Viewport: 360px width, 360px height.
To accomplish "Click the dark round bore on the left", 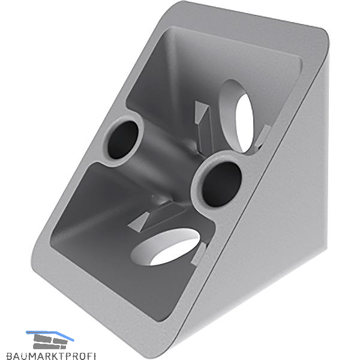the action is coord(123,140).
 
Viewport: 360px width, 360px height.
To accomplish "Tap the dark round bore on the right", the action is coord(221,184).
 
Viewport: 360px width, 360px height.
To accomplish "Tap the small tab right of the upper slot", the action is coord(262,137).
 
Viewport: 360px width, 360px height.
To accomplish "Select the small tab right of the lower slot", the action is coord(199,254).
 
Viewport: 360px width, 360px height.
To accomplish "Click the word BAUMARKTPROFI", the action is coord(51,356).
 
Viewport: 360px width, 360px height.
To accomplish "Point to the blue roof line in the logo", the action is coord(50,335).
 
